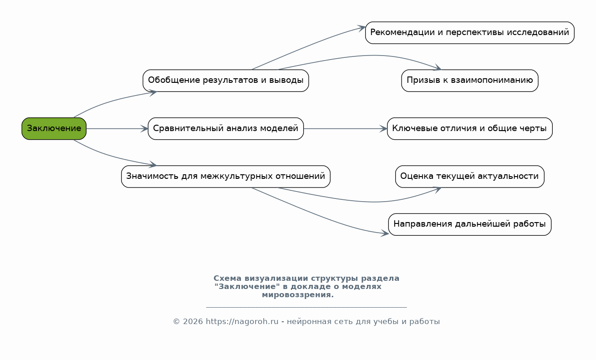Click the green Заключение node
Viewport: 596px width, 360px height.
[x=54, y=128]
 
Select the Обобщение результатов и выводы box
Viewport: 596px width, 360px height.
[x=225, y=81]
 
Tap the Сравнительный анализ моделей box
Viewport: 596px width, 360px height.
[x=225, y=128]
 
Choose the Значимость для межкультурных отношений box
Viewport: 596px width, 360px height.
[x=225, y=176]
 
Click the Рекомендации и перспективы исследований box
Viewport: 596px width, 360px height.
[x=469, y=33]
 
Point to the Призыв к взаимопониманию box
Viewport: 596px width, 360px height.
[x=469, y=81]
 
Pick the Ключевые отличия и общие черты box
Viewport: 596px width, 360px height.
[x=469, y=128]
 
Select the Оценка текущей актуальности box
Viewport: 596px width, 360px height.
[x=469, y=176]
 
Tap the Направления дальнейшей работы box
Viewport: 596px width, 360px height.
[x=469, y=224]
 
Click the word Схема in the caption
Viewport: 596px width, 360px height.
[x=228, y=279]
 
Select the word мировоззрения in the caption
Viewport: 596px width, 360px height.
[x=298, y=295]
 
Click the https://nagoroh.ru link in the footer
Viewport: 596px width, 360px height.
[x=242, y=322]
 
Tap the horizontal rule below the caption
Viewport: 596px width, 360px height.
[x=306, y=308]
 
